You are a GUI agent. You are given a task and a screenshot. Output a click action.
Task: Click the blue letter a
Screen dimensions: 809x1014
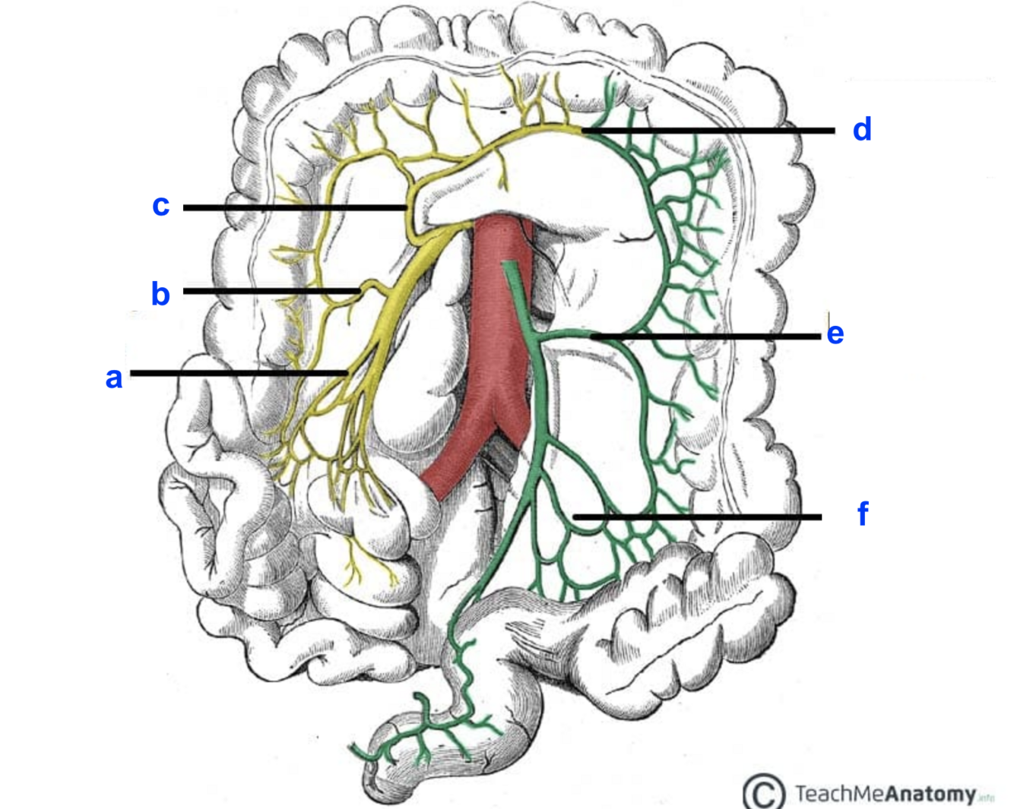(x=114, y=378)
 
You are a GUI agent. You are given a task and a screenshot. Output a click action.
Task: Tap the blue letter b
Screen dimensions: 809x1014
(x=160, y=294)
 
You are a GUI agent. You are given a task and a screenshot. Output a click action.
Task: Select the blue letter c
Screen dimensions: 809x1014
(x=160, y=205)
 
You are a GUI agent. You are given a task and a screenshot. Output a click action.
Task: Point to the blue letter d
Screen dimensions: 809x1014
(x=861, y=130)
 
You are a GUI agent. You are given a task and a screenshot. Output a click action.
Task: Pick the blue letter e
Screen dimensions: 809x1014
(x=835, y=333)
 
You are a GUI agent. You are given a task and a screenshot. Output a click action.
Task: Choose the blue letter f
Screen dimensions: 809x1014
(x=862, y=514)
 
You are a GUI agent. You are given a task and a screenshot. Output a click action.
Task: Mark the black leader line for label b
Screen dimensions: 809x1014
(x=270, y=291)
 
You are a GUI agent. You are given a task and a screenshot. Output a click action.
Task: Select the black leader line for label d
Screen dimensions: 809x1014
(x=711, y=131)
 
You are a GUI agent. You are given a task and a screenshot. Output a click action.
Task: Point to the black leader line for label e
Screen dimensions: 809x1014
(x=707, y=336)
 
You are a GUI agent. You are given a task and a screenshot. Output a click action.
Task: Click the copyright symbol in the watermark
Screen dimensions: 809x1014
(x=763, y=792)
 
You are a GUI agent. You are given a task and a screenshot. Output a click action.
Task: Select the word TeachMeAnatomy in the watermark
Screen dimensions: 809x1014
(x=886, y=795)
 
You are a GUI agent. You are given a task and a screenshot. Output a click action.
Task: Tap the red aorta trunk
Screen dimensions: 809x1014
(x=498, y=319)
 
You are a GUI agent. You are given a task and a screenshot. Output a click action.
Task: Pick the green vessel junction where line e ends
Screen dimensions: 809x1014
(x=591, y=334)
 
